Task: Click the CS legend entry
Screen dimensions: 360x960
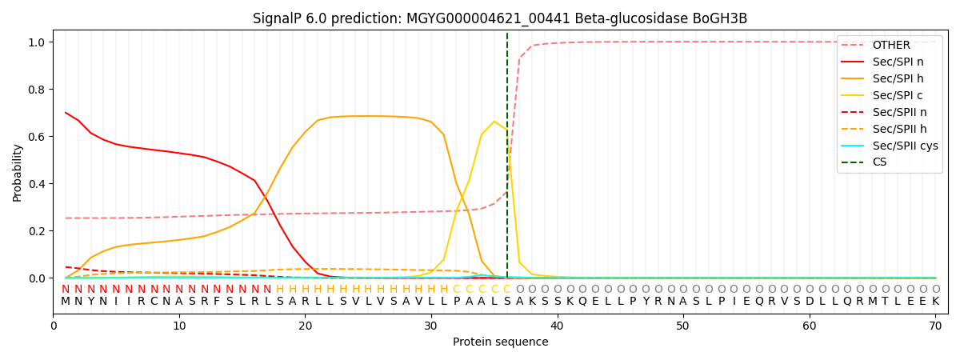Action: point(880,162)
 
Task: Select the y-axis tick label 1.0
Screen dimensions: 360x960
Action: point(38,42)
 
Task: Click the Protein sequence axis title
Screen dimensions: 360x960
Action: point(500,342)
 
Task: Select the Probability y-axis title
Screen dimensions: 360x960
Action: point(18,173)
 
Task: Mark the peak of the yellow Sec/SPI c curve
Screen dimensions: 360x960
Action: point(494,122)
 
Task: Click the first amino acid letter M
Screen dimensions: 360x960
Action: point(66,302)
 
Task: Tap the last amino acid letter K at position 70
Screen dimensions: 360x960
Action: point(935,302)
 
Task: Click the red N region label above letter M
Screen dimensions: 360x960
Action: point(66,289)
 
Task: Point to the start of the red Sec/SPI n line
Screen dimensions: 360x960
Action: point(66,113)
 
